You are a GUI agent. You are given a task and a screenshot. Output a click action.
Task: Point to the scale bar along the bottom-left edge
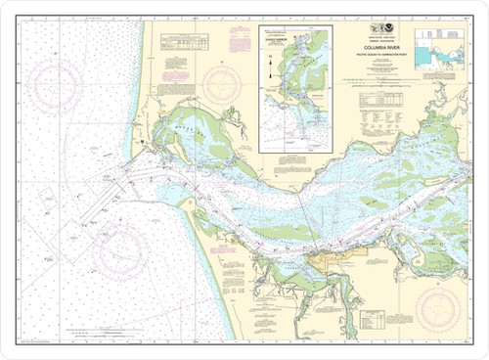pyautogui.click(x=98, y=339)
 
